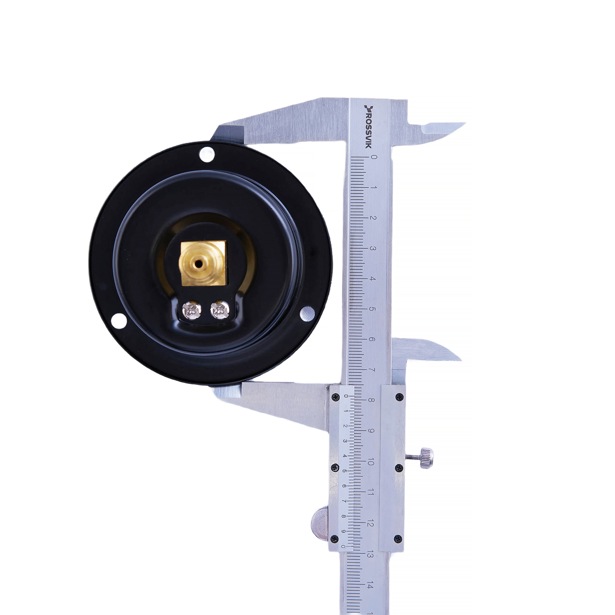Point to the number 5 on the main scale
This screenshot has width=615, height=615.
372,309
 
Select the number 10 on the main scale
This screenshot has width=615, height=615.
371,462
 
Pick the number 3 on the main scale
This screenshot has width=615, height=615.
373,248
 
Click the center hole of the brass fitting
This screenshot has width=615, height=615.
198,264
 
